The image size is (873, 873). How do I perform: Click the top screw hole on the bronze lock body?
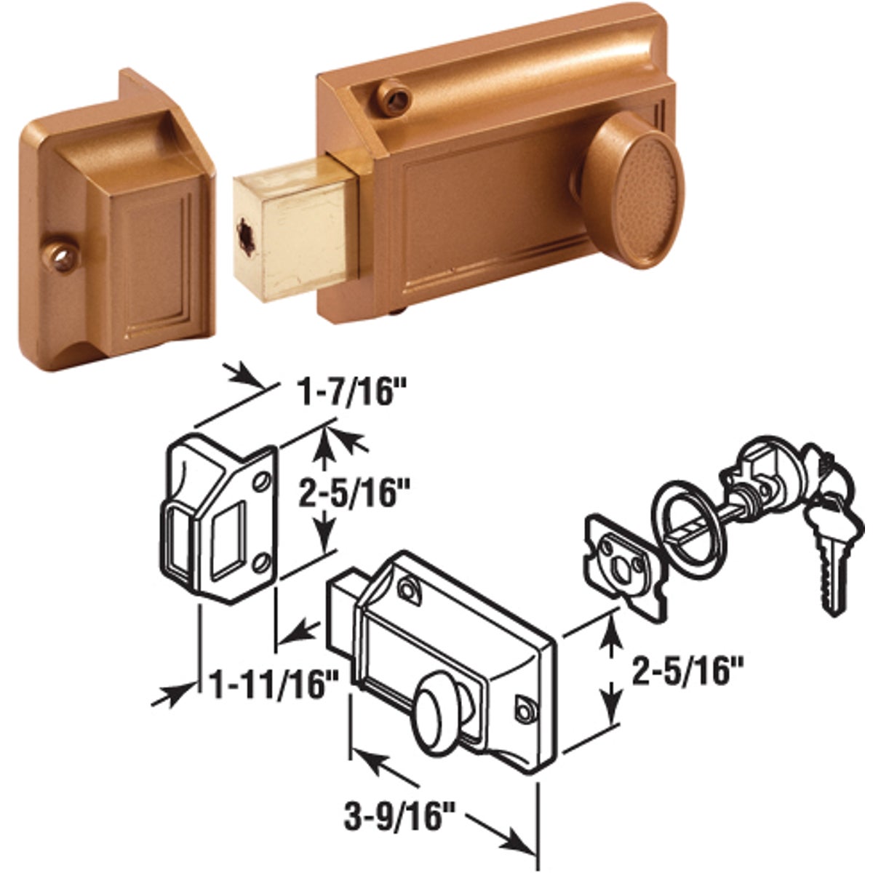394,97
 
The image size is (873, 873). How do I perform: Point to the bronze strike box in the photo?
109,218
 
